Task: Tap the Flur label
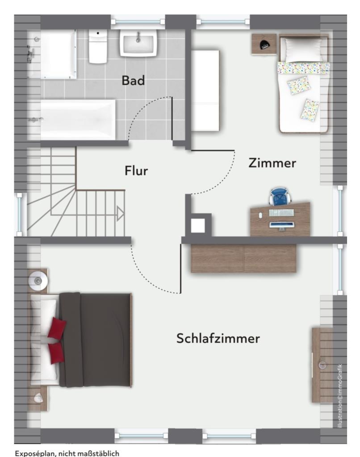coord(136,170)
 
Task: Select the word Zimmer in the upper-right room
coord(272,163)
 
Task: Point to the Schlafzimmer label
coord(218,338)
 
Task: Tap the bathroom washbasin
coord(138,43)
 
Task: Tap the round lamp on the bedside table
coord(38,280)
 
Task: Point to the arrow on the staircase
coord(120,214)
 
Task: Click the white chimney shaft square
coord(198,225)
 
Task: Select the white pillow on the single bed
coord(303,50)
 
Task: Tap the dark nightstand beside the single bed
coord(264,44)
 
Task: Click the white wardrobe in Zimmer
coord(205,90)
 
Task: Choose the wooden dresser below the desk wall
coord(243,258)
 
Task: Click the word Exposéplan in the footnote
coord(35,453)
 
